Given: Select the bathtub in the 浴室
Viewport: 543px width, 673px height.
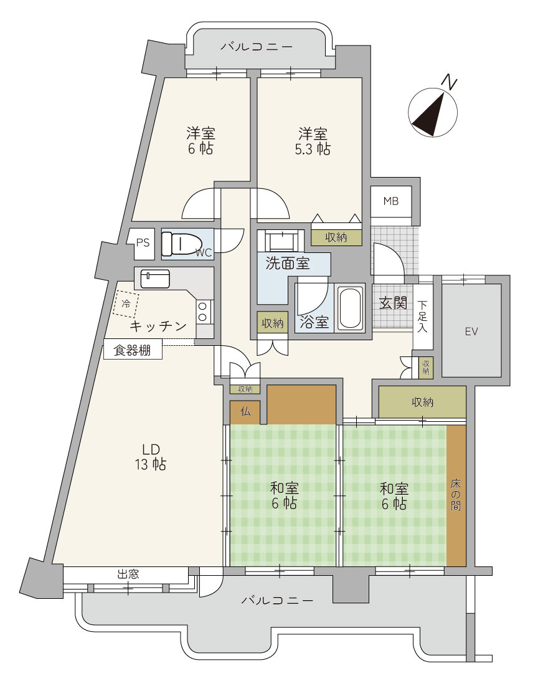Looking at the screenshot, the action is click(x=350, y=307).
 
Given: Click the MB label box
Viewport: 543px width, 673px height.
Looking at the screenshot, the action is click(x=390, y=201).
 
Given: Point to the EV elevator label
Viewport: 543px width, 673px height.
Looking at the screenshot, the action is click(x=471, y=332).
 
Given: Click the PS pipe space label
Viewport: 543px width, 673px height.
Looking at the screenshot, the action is click(x=143, y=242).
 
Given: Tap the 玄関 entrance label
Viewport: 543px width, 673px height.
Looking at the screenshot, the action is click(x=392, y=303).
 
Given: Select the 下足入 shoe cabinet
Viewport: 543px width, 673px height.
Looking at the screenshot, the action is click(x=422, y=317).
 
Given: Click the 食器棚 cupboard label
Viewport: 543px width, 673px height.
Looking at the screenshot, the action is click(x=132, y=351).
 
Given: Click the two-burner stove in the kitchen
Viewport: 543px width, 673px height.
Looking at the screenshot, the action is click(x=203, y=312).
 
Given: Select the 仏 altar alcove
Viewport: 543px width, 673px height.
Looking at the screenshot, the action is click(x=245, y=412).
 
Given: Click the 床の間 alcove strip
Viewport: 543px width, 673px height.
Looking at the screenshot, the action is click(x=456, y=495).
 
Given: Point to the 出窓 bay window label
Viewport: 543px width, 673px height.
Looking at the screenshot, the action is click(x=128, y=574).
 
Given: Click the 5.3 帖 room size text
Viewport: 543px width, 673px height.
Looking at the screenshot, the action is click(x=312, y=149).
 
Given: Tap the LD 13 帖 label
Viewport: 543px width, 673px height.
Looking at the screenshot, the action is click(x=151, y=457).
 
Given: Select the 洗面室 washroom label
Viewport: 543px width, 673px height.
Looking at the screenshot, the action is click(x=287, y=263).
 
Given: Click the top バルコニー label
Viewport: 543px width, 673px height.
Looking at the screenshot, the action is click(x=257, y=46).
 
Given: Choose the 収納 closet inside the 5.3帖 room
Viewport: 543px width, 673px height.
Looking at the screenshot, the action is click(x=336, y=237).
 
